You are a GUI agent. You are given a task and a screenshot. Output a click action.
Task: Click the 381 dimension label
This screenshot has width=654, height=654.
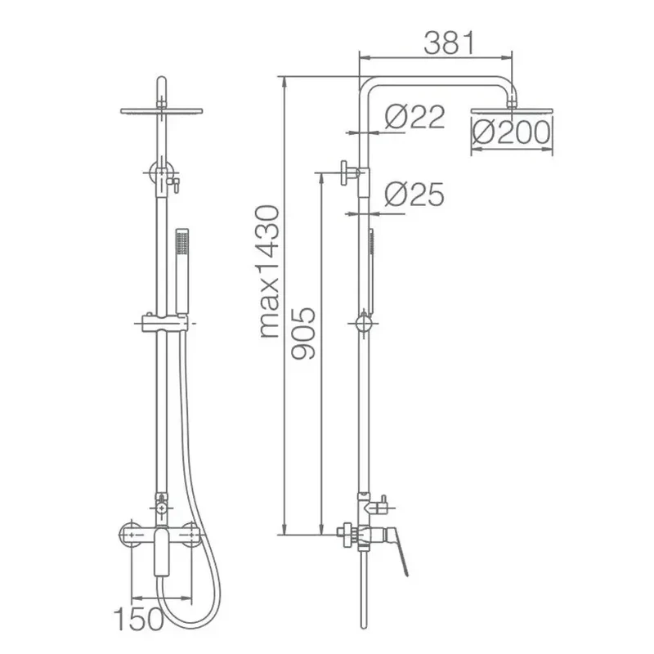click(449, 43)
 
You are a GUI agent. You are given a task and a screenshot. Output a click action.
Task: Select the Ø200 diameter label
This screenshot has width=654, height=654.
click(512, 132)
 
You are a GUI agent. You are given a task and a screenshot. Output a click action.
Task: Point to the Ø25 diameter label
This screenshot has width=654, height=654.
click(414, 194)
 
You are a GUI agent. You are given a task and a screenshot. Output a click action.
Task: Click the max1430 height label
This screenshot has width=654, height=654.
click(270, 271)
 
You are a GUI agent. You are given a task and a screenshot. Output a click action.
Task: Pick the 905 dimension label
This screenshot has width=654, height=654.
click(303, 334)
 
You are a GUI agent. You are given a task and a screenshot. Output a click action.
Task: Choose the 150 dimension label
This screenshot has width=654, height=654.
click(139, 619)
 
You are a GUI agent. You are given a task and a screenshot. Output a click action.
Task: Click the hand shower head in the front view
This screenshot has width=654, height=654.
click(182, 271)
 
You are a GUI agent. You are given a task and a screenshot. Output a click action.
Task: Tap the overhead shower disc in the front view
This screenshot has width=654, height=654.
click(161, 111)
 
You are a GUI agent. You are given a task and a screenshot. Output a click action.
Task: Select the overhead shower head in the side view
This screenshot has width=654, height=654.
click(512, 111)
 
